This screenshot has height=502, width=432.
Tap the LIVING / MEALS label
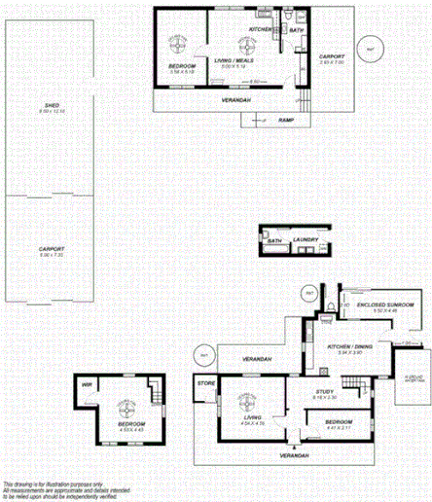coord(236,60)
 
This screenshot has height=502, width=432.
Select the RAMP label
coord(286,120)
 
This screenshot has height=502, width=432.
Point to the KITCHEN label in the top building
coord(261,30)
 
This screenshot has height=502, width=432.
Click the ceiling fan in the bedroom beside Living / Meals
coord(179,43)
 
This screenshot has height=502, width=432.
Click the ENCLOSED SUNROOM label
coord(385,305)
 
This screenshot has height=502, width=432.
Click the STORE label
coord(204,383)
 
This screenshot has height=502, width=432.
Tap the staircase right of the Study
coord(366,395)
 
